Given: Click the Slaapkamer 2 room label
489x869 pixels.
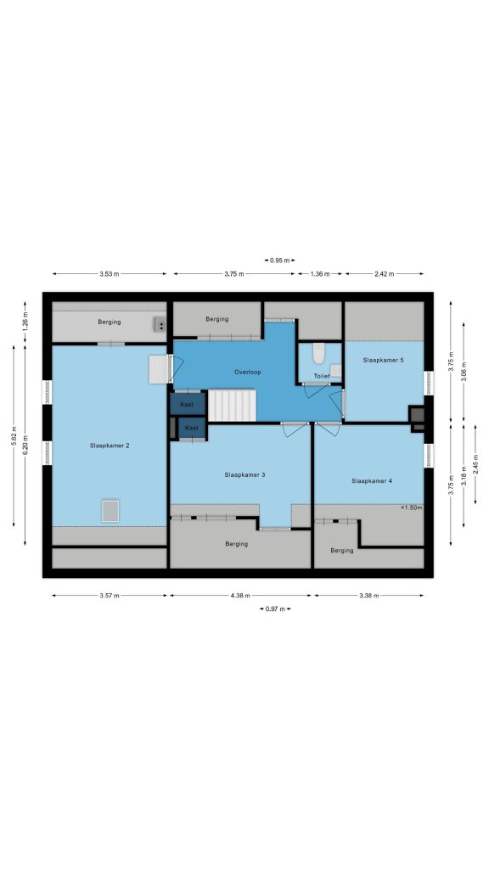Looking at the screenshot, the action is [x=110, y=445].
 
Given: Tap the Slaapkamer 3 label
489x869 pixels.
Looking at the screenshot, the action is [x=244, y=474].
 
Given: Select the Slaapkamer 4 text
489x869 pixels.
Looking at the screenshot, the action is [x=372, y=480].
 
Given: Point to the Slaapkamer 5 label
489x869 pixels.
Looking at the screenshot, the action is [x=383, y=360].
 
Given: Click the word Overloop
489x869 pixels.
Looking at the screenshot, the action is [x=247, y=372].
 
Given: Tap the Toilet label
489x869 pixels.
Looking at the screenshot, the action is [x=322, y=376].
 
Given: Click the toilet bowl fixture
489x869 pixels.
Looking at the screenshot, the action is [x=318, y=354].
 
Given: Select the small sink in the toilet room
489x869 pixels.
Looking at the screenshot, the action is [x=336, y=370].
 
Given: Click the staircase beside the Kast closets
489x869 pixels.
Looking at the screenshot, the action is [x=232, y=405].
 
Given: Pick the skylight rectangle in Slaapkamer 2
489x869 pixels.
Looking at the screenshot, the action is [x=110, y=510].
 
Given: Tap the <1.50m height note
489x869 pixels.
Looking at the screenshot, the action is [x=412, y=507].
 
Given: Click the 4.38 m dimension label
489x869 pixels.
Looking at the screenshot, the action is [x=240, y=596].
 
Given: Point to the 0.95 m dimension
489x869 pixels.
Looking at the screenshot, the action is [x=279, y=260].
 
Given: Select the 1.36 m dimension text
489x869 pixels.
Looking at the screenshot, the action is [x=320, y=274].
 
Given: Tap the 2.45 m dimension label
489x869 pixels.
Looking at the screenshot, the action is [x=475, y=464].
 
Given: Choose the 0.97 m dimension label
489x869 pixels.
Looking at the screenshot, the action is [x=275, y=609].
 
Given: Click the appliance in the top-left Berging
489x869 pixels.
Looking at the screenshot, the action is [x=160, y=325].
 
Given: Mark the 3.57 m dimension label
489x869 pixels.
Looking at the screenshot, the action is [x=110, y=596].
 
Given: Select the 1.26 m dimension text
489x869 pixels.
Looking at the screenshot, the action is [x=25, y=322].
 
